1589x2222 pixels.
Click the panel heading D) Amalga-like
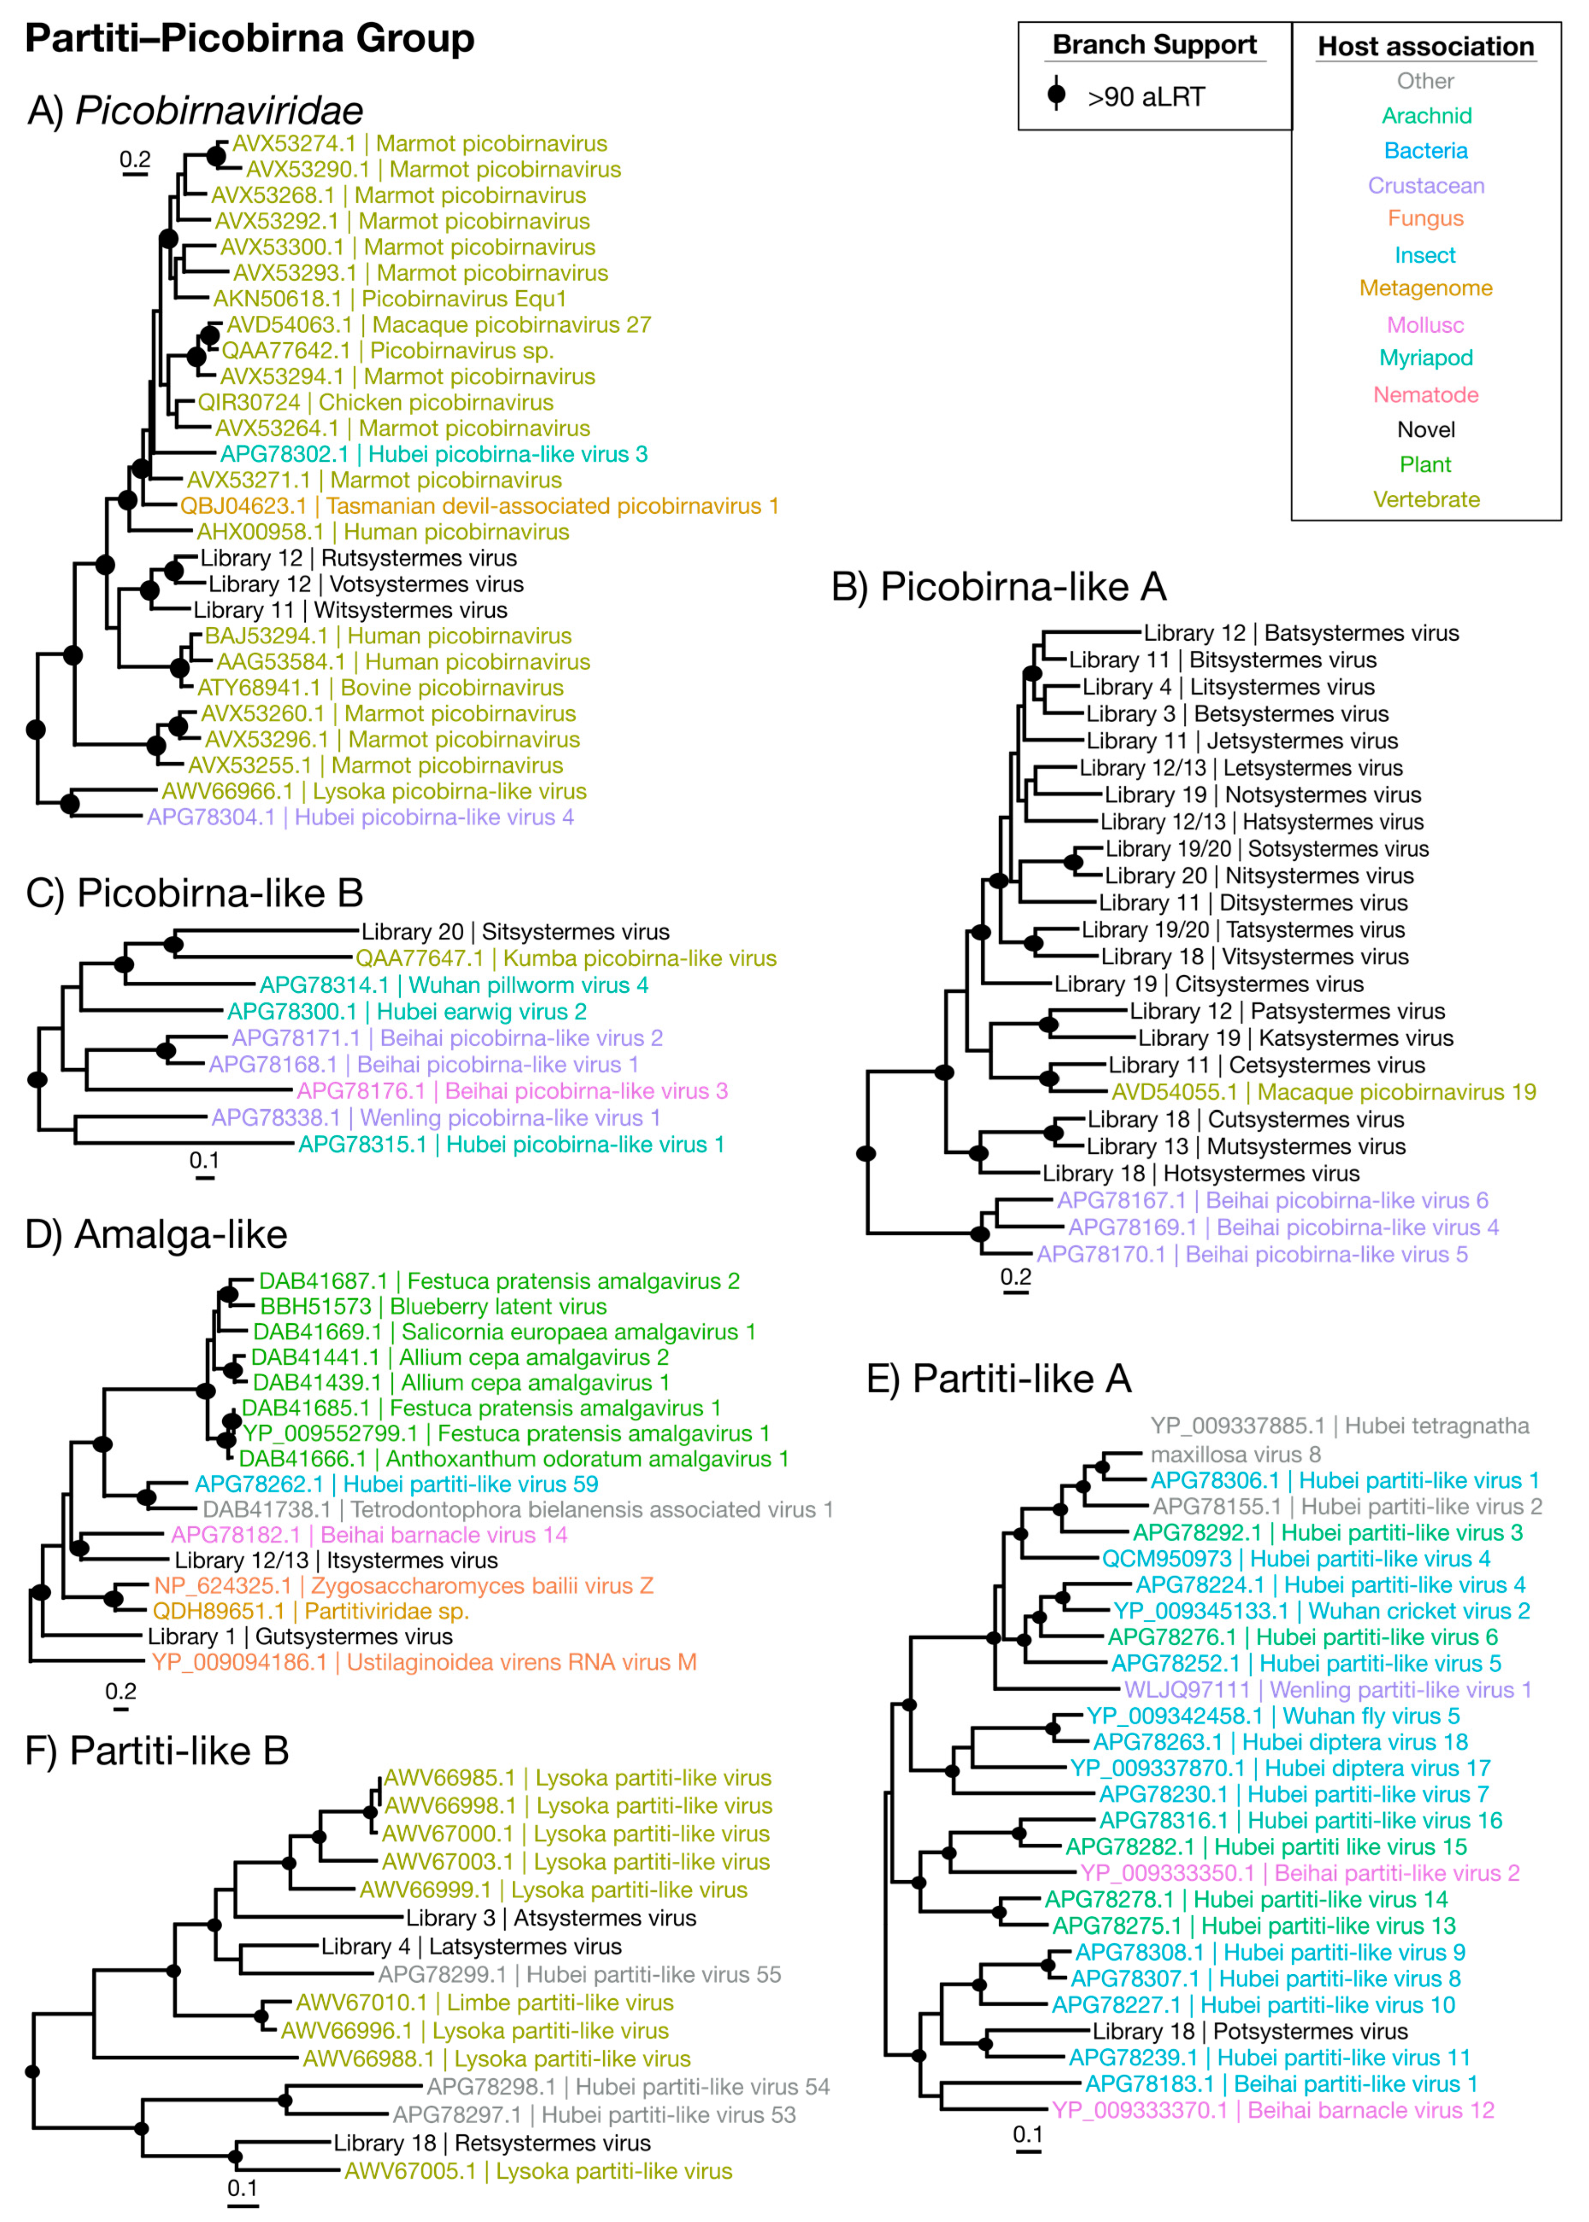pos(157,1235)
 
